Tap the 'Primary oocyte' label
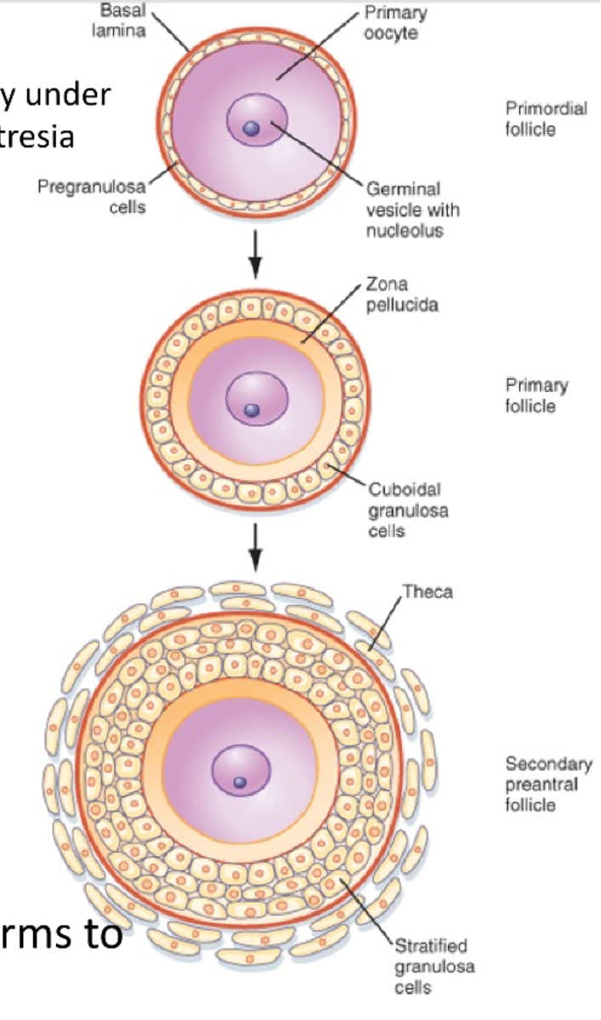pos(396,22)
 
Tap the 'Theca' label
pos(427,592)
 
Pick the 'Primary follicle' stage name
pos(536,395)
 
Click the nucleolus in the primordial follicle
pos(251,129)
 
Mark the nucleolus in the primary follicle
pos(250,410)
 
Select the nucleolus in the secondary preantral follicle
pos(240,782)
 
